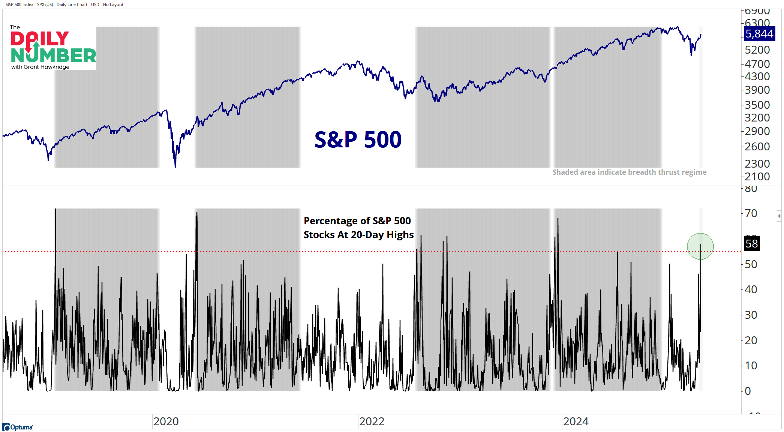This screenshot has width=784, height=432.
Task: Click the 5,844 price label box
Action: (x=759, y=34)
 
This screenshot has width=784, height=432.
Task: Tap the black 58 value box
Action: (x=751, y=244)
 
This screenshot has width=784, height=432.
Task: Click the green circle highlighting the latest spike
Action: (x=700, y=246)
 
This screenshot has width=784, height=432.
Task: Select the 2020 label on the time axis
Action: (x=166, y=421)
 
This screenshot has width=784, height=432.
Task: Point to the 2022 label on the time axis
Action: (x=372, y=421)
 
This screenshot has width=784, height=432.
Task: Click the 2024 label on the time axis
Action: (x=576, y=421)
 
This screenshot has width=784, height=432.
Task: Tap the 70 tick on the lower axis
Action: (x=751, y=213)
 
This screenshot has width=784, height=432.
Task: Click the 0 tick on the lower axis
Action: (x=748, y=391)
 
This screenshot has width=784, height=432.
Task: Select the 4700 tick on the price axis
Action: (x=757, y=64)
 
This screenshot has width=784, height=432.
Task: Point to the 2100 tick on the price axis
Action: (x=757, y=177)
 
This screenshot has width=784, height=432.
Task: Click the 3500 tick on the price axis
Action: (x=757, y=105)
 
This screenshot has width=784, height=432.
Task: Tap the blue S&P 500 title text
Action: (x=358, y=139)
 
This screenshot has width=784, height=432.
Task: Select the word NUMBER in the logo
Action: (x=53, y=55)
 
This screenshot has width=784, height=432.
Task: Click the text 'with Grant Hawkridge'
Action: (x=40, y=67)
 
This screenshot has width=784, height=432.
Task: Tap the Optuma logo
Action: (x=18, y=427)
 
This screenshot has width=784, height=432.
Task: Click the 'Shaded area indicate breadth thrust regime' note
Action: (x=629, y=172)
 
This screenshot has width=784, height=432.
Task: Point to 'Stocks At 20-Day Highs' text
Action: (x=358, y=235)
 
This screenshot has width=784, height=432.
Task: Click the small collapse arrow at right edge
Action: (x=779, y=216)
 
